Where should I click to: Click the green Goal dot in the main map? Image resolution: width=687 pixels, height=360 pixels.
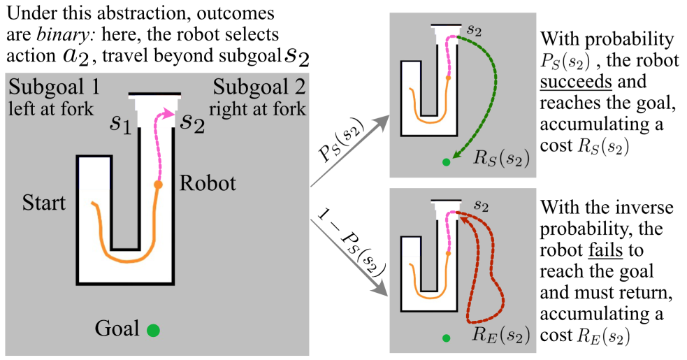[x=154, y=329]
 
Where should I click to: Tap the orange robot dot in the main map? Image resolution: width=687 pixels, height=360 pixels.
[x=159, y=185]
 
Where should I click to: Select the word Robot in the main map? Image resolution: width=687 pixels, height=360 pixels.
[x=208, y=184]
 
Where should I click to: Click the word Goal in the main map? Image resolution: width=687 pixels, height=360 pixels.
[x=117, y=328]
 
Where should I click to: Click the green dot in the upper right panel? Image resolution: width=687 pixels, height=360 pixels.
[x=447, y=163]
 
